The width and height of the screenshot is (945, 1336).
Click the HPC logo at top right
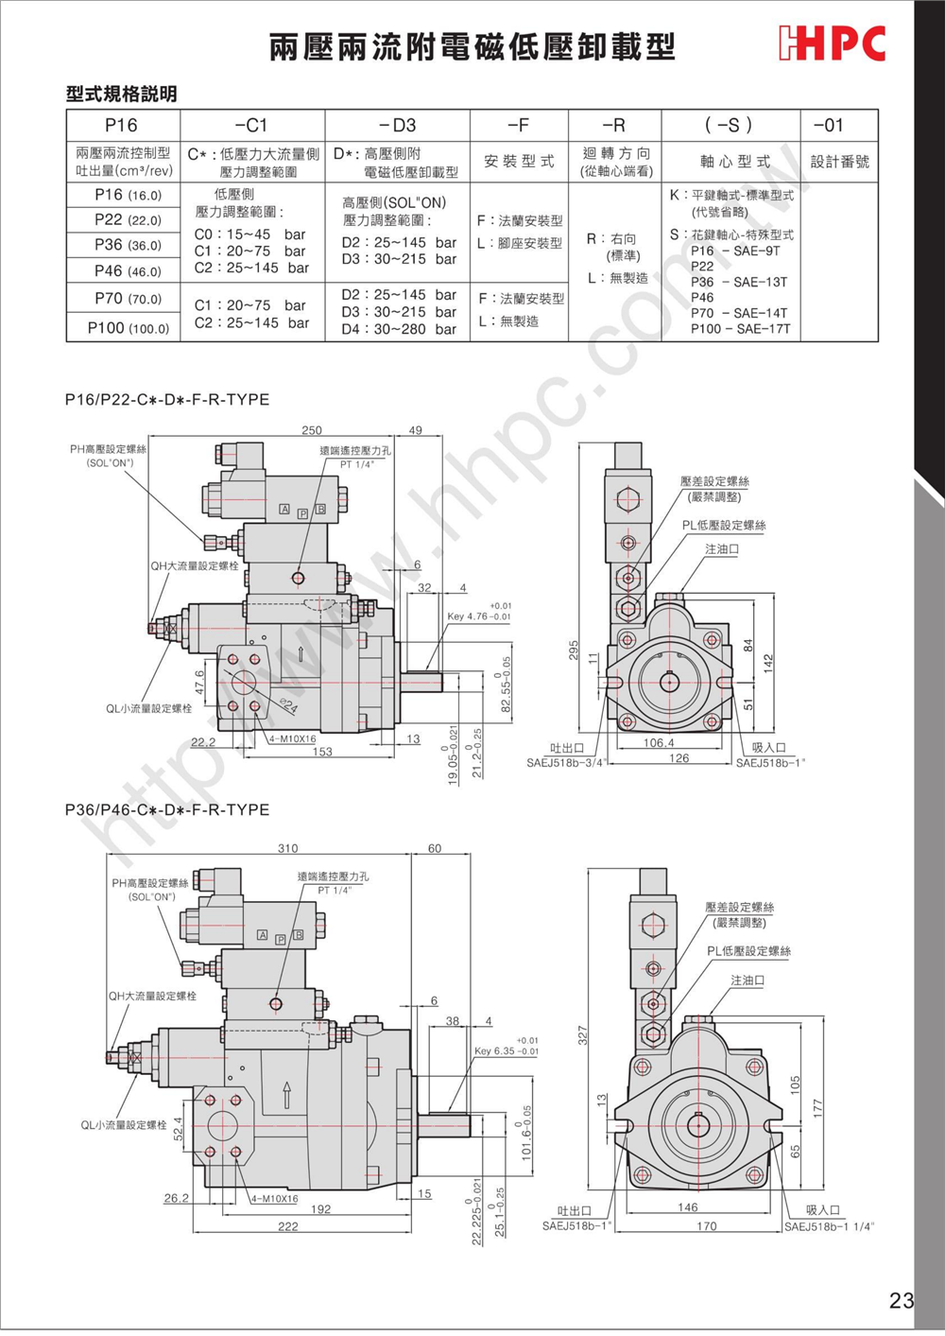(833, 43)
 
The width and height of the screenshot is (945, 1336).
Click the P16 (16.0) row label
(128, 195)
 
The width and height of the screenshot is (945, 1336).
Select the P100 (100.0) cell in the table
(128, 328)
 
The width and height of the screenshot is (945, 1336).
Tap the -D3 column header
(397, 125)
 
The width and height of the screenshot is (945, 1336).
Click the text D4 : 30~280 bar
(398, 329)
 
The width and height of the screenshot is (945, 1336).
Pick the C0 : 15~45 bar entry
(249, 234)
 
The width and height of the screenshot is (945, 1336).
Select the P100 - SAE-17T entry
(740, 329)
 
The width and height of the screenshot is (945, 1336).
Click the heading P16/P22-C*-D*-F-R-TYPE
(167, 400)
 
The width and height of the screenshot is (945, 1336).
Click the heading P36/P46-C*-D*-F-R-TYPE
(167, 810)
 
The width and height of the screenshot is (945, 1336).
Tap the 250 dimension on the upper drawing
(312, 430)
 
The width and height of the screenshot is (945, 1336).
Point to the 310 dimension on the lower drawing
(288, 849)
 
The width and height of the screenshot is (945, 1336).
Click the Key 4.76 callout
(479, 616)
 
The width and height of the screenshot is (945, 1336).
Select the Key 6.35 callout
(507, 1050)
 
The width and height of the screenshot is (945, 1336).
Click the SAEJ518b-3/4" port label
(564, 763)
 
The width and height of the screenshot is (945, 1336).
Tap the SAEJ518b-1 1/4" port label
(830, 1226)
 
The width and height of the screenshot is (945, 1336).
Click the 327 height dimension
(583, 1035)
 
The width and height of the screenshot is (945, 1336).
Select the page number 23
(901, 1301)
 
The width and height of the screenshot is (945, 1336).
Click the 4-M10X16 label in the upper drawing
(292, 739)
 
